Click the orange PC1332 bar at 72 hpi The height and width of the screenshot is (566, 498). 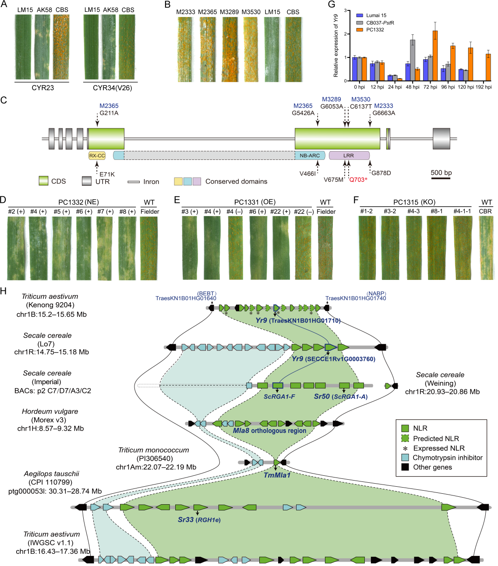click(x=435, y=56)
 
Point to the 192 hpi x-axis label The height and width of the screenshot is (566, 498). click(x=484, y=87)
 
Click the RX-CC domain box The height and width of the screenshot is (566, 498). click(x=97, y=156)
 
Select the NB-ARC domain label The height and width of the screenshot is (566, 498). click(x=310, y=156)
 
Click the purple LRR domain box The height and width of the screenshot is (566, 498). click(x=349, y=156)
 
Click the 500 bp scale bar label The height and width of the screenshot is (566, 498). click(x=441, y=173)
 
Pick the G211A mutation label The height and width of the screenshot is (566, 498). click(x=109, y=113)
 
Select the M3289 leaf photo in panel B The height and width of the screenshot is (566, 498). click(x=230, y=49)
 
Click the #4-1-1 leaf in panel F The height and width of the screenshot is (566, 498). click(x=462, y=248)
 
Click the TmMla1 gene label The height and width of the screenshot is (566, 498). click(x=277, y=475)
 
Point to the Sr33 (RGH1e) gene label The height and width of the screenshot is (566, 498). click(x=199, y=520)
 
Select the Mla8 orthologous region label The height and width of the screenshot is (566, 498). click(x=269, y=431)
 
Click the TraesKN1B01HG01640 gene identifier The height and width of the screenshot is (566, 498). click(x=186, y=298)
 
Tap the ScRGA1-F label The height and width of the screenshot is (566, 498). click(x=279, y=396)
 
